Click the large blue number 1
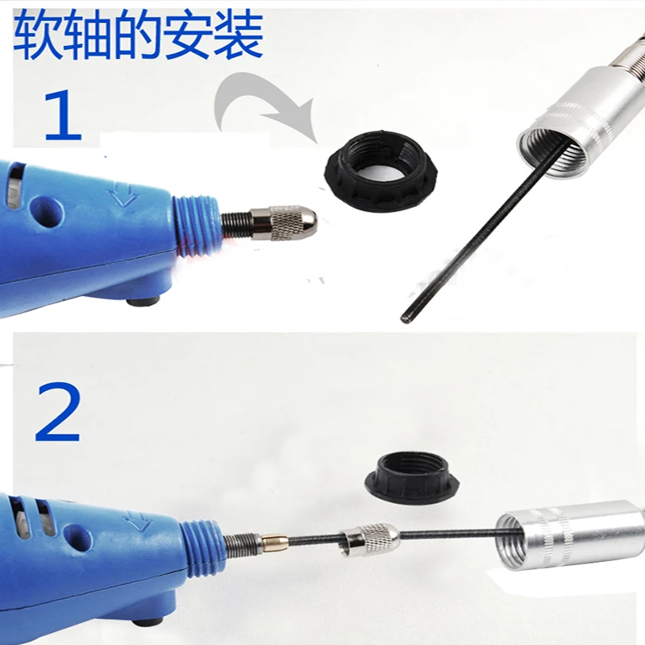(63, 115)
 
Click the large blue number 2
(57, 412)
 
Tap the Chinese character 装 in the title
(239, 35)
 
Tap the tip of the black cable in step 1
(405, 318)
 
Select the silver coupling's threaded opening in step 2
(512, 541)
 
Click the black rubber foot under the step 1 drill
(143, 302)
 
